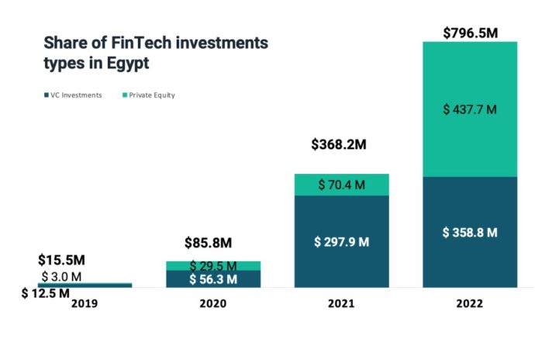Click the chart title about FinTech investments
(155, 53)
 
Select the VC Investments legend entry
(74, 95)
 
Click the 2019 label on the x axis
(85, 303)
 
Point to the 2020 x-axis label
(212, 303)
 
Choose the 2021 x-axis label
(341, 303)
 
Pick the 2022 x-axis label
(470, 303)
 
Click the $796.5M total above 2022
(470, 33)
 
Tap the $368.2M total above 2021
(341, 144)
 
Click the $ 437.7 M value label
(470, 109)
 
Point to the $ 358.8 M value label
(470, 232)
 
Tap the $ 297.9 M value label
(341, 241)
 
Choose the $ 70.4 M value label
(341, 185)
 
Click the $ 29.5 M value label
(212, 265)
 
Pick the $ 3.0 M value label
(61, 276)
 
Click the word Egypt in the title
(127, 64)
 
